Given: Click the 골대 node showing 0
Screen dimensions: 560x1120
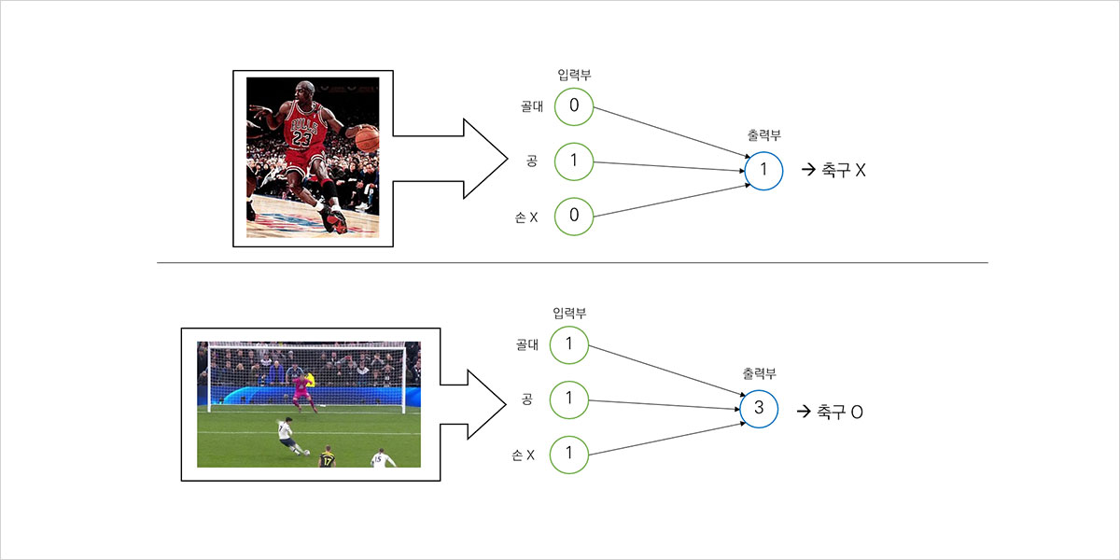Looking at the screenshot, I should point(574,106).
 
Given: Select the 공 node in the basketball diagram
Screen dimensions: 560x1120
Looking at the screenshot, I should point(574,161).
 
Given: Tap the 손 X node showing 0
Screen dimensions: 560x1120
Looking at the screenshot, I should point(574,216).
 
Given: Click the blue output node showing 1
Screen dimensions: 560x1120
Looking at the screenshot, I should point(763,171).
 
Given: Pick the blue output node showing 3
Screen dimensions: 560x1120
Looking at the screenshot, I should point(758,409).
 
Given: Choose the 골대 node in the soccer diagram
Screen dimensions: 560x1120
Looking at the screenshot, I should point(570,344).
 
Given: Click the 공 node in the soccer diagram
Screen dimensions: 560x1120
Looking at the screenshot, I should point(570,399).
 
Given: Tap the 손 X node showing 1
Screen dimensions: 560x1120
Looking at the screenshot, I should point(570,455).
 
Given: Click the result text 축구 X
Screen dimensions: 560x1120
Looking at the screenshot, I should point(843,171).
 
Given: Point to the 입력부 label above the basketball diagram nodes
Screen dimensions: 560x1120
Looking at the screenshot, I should point(574,75).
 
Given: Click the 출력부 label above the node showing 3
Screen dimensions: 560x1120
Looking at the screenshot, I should point(759,373).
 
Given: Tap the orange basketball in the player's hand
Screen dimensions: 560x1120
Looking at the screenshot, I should point(367,139).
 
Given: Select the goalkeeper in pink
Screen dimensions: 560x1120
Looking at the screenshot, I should point(302,389).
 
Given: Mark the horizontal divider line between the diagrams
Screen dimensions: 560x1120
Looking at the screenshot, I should point(571,262).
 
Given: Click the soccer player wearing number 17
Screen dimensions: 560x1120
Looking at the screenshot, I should point(327,457).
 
